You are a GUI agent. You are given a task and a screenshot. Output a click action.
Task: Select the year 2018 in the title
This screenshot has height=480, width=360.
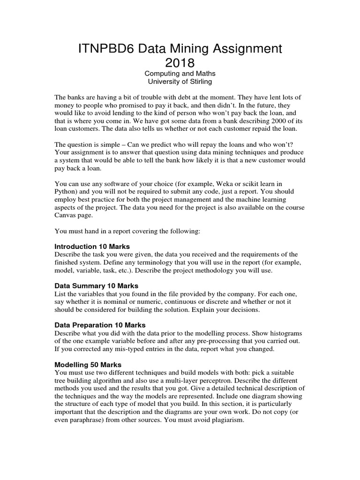pyautogui.click(x=180, y=63)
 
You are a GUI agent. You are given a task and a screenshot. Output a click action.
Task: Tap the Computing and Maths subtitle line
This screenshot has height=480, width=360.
pyautogui.click(x=180, y=74)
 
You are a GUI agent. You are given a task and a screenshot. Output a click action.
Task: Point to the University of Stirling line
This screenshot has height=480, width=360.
pyautogui.click(x=180, y=82)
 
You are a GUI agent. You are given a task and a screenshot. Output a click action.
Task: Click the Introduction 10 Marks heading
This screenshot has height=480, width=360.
pyautogui.click(x=92, y=247)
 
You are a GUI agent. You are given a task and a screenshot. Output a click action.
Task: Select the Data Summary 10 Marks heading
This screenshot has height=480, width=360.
pyautogui.click(x=97, y=285)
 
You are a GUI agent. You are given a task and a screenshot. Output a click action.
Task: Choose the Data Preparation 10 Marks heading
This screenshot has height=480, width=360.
pyautogui.click(x=100, y=325)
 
